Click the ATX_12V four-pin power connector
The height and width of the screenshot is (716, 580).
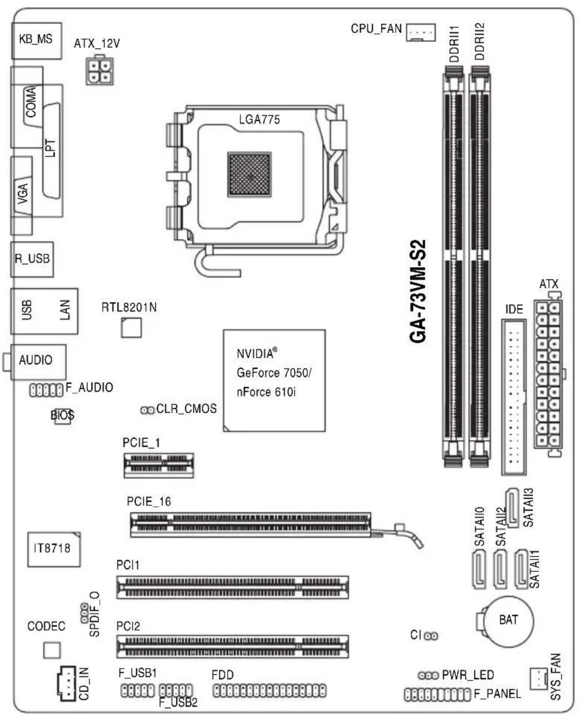pyautogui.click(x=100, y=70)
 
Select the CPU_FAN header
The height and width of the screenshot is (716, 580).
pyautogui.click(x=420, y=32)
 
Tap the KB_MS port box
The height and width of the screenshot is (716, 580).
pyautogui.click(x=37, y=41)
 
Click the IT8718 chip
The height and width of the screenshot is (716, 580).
pyautogui.click(x=54, y=549)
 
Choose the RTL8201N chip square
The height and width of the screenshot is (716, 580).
pyautogui.click(x=131, y=328)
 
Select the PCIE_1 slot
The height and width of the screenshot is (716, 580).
pyautogui.click(x=159, y=465)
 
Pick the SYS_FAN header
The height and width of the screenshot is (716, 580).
pyautogui.click(x=538, y=678)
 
